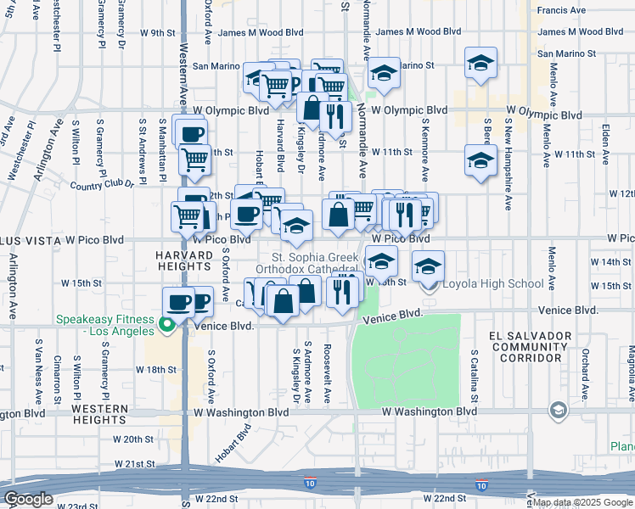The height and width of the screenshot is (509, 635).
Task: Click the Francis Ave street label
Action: click(x=562, y=10)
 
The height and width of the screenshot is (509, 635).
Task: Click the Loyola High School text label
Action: click(x=493, y=283)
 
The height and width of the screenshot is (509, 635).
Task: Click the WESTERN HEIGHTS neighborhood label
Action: click(x=100, y=415)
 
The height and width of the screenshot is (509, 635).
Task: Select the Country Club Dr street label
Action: click(x=103, y=184)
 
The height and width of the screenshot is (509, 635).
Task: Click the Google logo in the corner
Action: click(x=28, y=499)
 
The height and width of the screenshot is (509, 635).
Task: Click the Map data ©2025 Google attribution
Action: click(x=582, y=502)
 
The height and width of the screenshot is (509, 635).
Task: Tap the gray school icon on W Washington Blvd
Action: click(x=558, y=411)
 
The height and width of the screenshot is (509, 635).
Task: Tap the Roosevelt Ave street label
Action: click(x=326, y=366)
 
